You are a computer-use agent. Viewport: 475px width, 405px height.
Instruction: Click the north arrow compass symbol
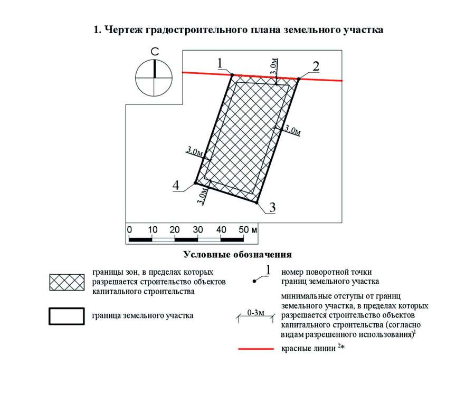pos(155,78)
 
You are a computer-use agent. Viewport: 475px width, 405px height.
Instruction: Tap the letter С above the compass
pos(155,52)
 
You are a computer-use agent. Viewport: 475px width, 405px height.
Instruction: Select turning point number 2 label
pos(316,66)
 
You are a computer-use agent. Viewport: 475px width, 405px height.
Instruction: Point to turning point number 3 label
pos(272,207)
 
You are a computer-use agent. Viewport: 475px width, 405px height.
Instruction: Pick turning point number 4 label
pos(176,185)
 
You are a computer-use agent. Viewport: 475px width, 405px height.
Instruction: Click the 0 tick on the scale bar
pos(130,230)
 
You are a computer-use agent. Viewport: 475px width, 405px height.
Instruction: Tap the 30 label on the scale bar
pos(198,230)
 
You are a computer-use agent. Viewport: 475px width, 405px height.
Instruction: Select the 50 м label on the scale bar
pos(248,230)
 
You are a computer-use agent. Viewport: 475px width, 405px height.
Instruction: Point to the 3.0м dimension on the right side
pos(292,130)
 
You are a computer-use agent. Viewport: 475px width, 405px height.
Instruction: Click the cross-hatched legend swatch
pos(66,283)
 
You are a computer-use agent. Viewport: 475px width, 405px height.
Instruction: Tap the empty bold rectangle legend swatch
pos(66,315)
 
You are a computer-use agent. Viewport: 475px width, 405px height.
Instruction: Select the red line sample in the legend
pos(256,349)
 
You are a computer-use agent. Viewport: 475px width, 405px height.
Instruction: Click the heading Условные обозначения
pos(237,255)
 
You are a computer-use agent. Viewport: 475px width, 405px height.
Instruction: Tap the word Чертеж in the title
pos(122,30)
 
